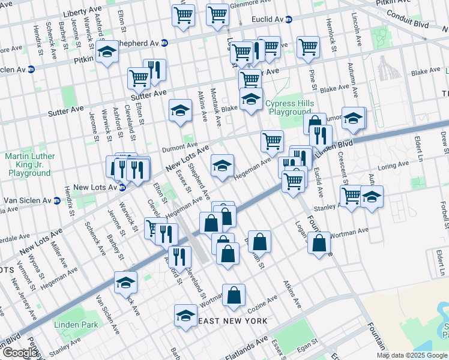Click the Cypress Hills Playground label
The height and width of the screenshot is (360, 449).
pyautogui.click(x=289, y=107)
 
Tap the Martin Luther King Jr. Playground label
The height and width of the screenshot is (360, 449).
pyautogui.click(x=30, y=164)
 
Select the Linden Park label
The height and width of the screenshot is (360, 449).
pyautogui.click(x=76, y=325)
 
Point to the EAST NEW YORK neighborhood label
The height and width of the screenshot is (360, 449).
pyautogui.click(x=233, y=322)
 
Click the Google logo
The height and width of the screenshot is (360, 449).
pyautogui.click(x=19, y=352)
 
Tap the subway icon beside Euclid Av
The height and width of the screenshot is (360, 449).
pyautogui.click(x=290, y=19)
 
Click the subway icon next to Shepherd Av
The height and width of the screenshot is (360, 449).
pyautogui.click(x=164, y=43)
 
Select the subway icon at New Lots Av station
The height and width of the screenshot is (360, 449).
pyautogui.click(x=122, y=188)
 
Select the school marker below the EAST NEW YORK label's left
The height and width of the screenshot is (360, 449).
pyautogui.click(x=186, y=316)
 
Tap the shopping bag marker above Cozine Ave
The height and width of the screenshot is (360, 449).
pyautogui.click(x=235, y=295)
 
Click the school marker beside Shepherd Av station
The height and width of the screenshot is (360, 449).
pyautogui.click(x=107, y=53)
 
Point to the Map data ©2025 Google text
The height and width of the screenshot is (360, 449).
pyautogui.click(x=411, y=355)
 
